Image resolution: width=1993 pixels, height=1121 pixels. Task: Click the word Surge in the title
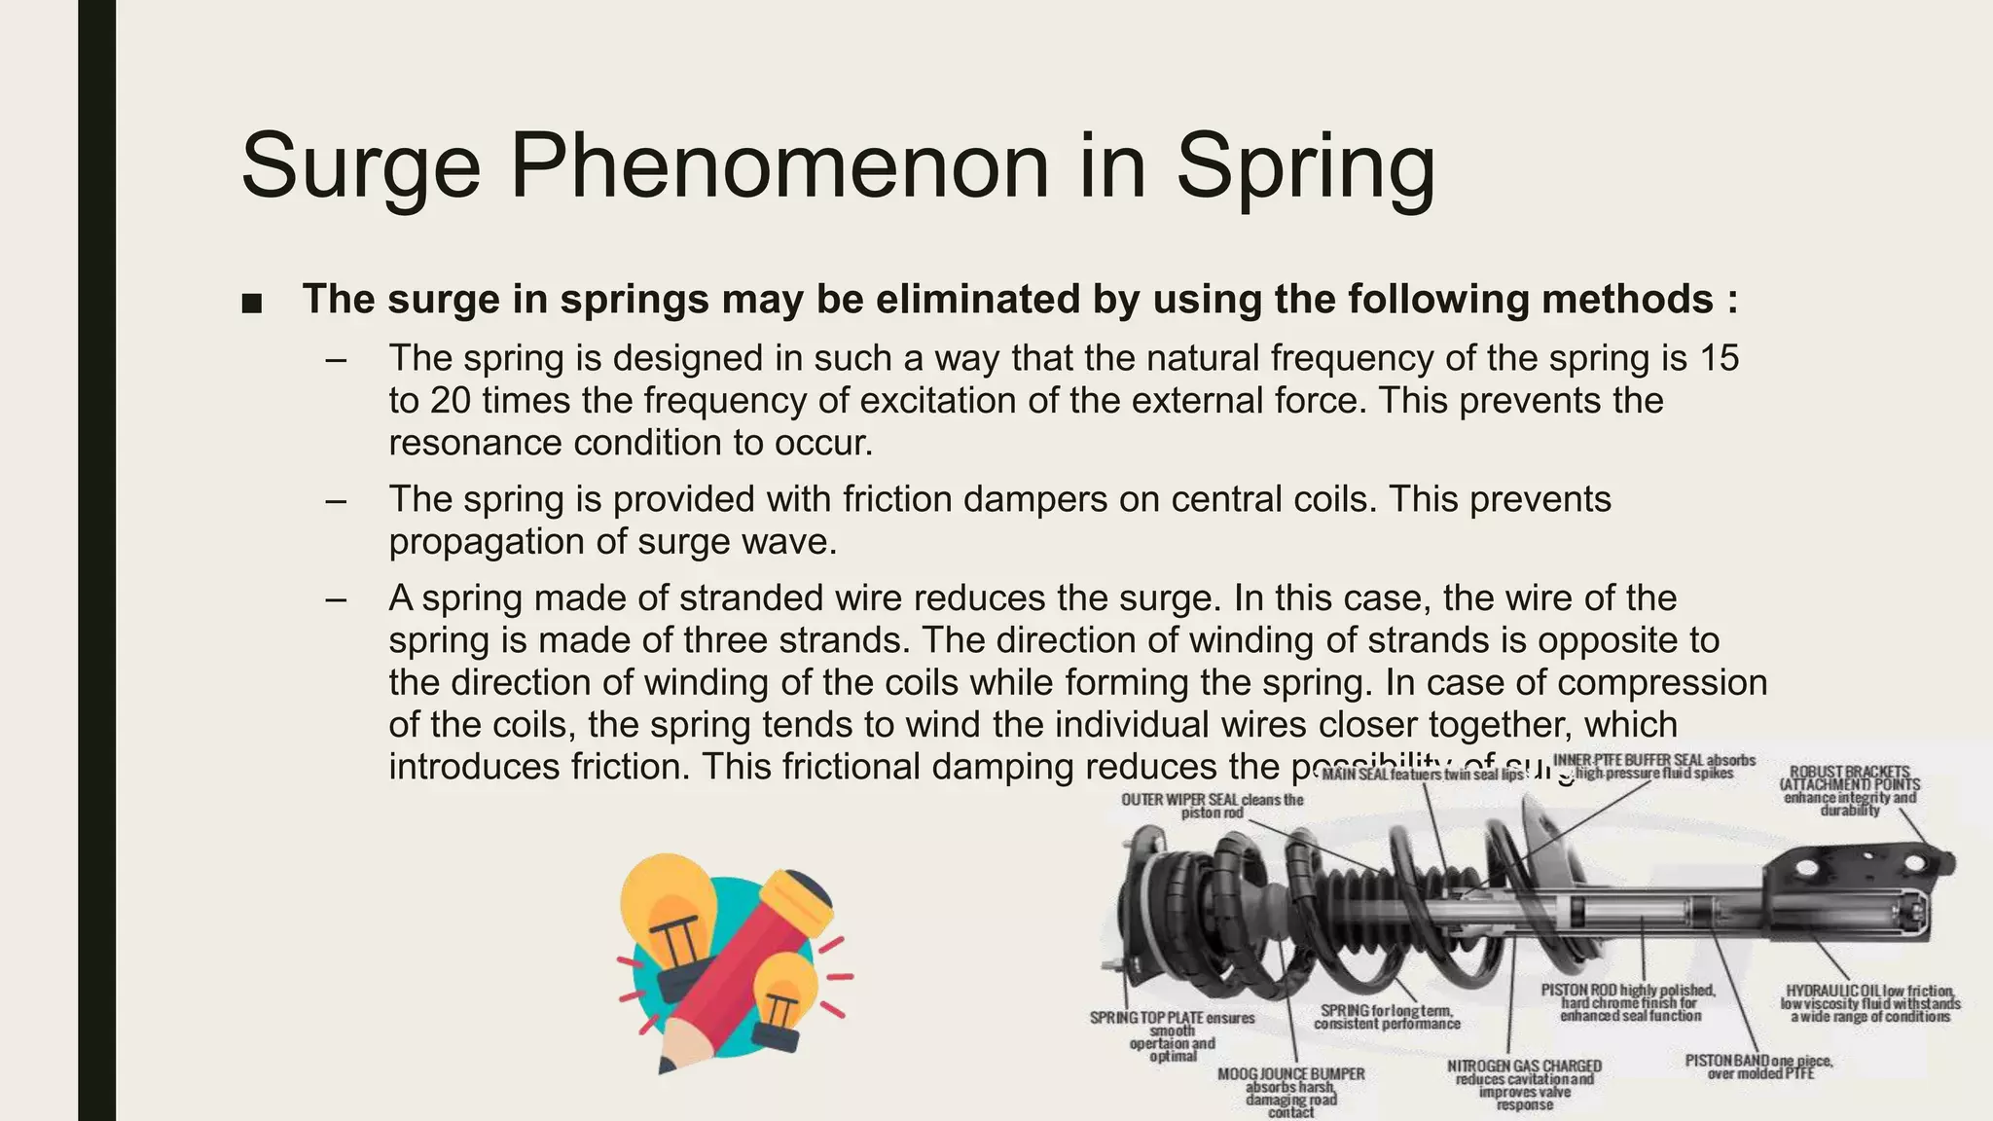click(360, 167)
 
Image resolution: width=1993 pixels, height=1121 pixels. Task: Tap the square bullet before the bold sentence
click(251, 303)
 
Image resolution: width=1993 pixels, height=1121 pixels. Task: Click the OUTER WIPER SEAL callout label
click(1212, 806)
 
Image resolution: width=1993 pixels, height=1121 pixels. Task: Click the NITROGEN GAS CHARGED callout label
click(1524, 1084)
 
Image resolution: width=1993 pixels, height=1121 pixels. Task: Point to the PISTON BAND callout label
click(1758, 1067)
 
